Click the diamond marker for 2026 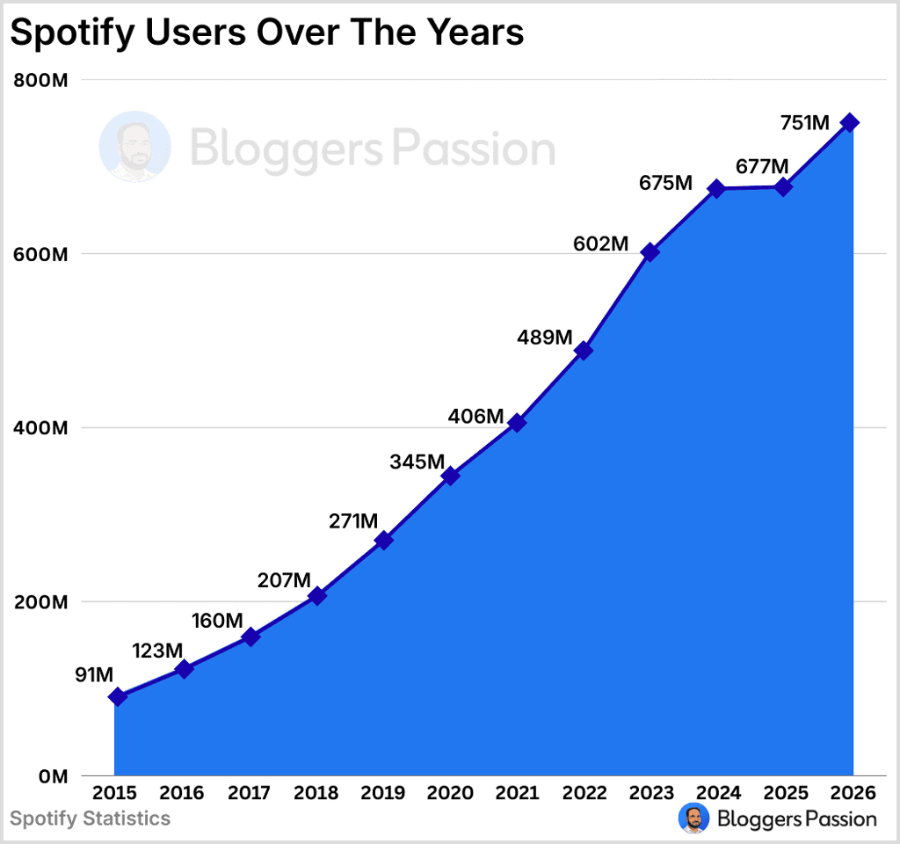click(850, 122)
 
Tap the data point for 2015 click(118, 696)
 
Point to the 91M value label click(93, 675)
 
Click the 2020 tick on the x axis click(450, 793)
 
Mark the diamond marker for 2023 click(650, 252)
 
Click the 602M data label click(599, 244)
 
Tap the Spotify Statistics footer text click(90, 819)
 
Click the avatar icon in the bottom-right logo click(694, 819)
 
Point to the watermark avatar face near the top click(134, 147)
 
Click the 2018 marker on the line click(317, 595)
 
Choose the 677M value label click(761, 165)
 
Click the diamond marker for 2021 click(517, 423)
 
